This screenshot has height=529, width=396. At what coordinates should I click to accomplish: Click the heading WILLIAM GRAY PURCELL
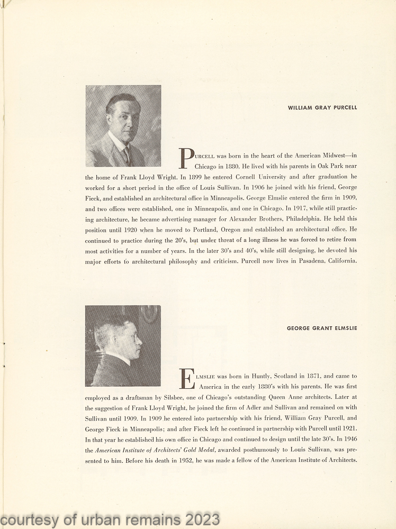pyautogui.click(x=322, y=107)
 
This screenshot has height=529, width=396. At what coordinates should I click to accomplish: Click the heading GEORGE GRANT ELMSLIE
pyautogui.click(x=322, y=328)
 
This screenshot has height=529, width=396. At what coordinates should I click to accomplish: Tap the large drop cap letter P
pyautogui.click(x=186, y=158)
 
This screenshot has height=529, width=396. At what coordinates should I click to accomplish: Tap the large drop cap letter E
pyautogui.click(x=186, y=378)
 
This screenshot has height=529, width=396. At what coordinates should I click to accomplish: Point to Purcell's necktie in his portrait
pyautogui.click(x=127, y=155)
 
